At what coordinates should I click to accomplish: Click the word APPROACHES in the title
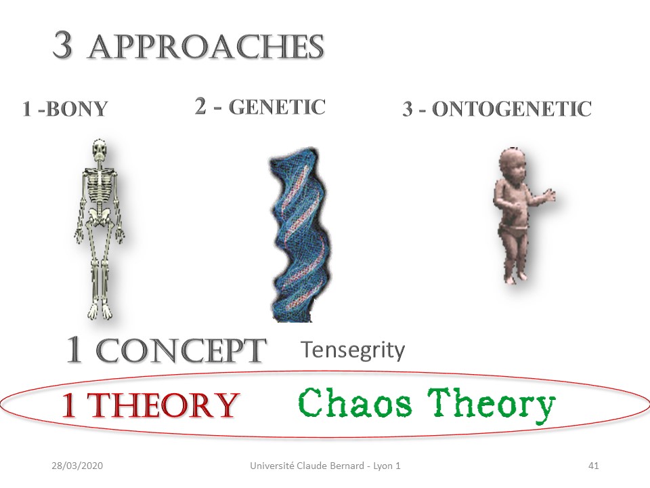pyautogui.click(x=206, y=47)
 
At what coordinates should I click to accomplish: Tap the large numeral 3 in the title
pyautogui.click(x=63, y=45)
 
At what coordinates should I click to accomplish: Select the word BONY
pyautogui.click(x=77, y=109)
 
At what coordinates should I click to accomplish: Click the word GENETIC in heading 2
pyautogui.click(x=277, y=107)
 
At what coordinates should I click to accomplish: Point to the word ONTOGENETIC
pyautogui.click(x=512, y=109)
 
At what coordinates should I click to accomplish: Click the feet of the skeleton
pyautogui.click(x=100, y=312)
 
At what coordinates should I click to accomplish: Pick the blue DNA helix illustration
pyautogui.click(x=299, y=235)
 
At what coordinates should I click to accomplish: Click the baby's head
pyautogui.click(x=513, y=165)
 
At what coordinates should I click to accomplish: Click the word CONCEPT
pyautogui.click(x=181, y=350)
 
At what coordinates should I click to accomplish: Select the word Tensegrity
pyautogui.click(x=353, y=350)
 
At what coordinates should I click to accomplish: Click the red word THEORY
pyautogui.click(x=163, y=405)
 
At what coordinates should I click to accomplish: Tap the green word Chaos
pyautogui.click(x=355, y=402)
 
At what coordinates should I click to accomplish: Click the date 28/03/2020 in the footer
pyautogui.click(x=77, y=466)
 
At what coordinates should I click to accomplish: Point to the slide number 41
pyautogui.click(x=594, y=466)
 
